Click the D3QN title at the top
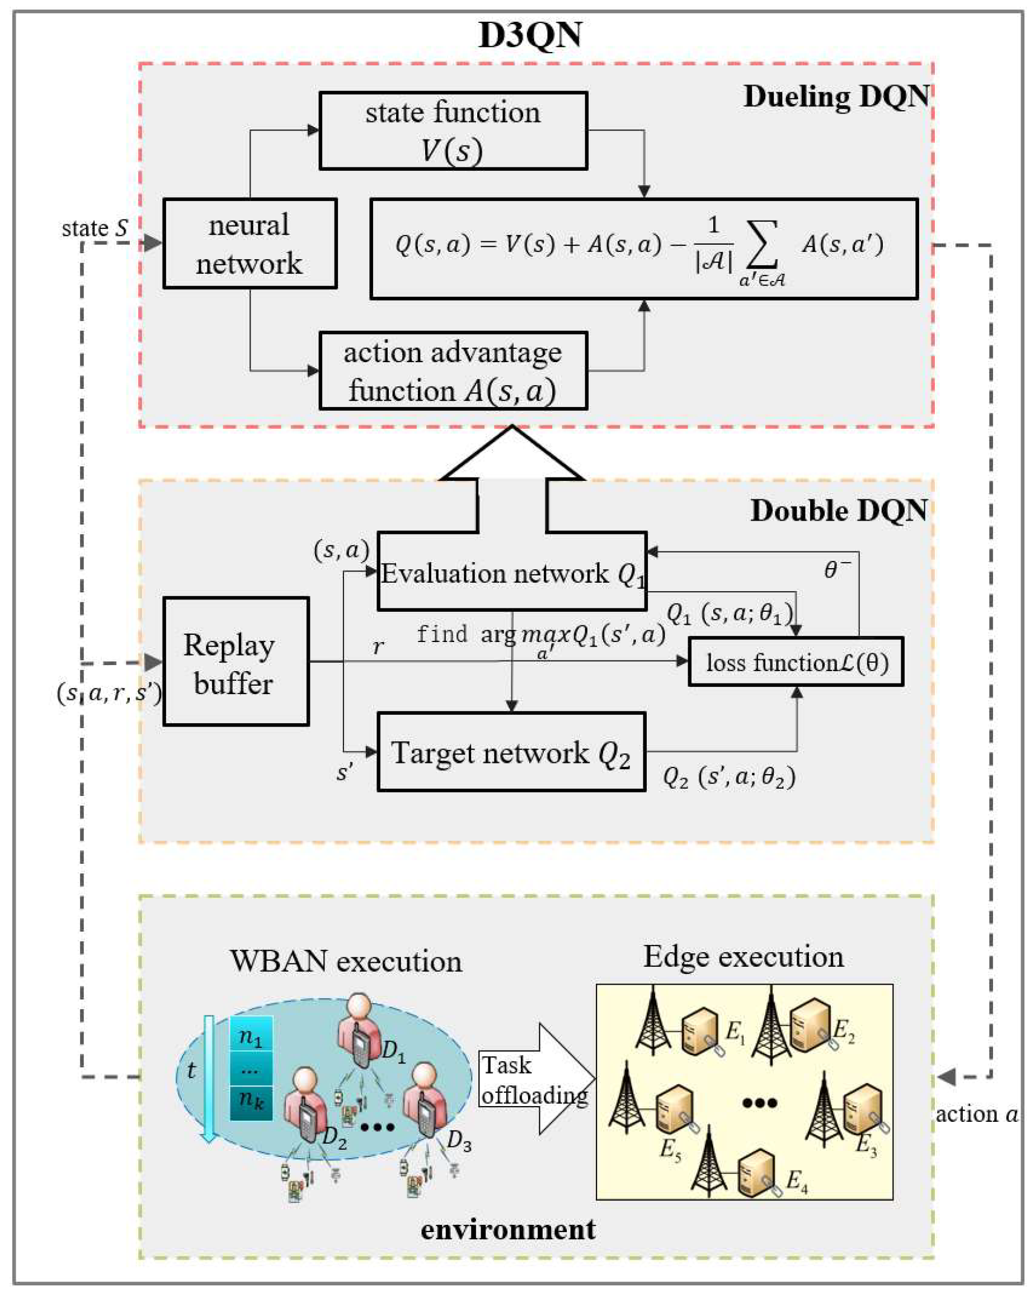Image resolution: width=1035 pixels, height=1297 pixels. click(529, 35)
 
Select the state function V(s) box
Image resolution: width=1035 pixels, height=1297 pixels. click(453, 130)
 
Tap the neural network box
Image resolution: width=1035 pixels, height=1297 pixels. click(250, 244)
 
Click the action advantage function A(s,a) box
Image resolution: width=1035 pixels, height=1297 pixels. click(453, 371)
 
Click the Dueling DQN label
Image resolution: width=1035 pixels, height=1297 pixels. click(836, 96)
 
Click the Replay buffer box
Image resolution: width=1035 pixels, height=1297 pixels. click(236, 661)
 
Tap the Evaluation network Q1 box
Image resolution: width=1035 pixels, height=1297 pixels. click(511, 572)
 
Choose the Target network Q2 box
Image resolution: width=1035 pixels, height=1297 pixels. click(511, 752)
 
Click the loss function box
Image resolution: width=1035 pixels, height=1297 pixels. click(796, 662)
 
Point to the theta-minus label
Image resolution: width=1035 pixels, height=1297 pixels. click(836, 569)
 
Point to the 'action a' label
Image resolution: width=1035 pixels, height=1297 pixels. click(976, 1114)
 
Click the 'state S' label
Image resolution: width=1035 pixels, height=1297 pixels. click(95, 228)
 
